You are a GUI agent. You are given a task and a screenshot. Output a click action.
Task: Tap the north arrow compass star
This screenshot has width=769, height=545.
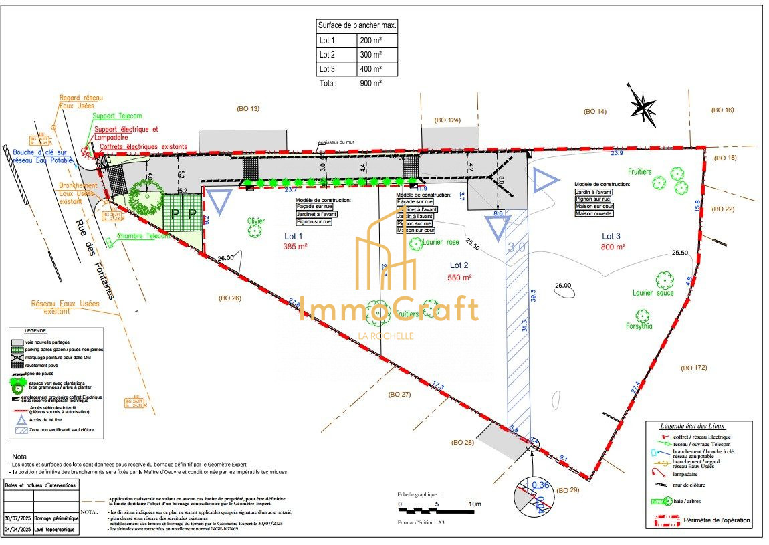coord(643,106)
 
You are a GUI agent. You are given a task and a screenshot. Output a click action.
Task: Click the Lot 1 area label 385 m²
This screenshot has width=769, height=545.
coord(294,247)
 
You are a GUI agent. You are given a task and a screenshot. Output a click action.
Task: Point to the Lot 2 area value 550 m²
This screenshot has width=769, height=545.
coord(459,277)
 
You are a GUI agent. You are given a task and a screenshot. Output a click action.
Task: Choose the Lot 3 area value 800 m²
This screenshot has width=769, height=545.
coord(613,247)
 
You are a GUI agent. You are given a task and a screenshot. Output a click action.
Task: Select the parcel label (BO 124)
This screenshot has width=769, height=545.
coord(448,120)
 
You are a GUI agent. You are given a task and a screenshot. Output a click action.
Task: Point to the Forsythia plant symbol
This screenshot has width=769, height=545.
coord(643,316)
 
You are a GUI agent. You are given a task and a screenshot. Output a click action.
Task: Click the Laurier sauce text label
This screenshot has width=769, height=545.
coord(653,293)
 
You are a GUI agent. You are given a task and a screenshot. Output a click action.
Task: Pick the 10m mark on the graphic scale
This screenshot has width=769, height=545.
coord(475,504)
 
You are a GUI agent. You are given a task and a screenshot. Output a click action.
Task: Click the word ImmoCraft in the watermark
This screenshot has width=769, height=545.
coord(388,309)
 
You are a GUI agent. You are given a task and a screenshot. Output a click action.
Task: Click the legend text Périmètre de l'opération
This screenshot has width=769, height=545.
coord(716,520)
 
